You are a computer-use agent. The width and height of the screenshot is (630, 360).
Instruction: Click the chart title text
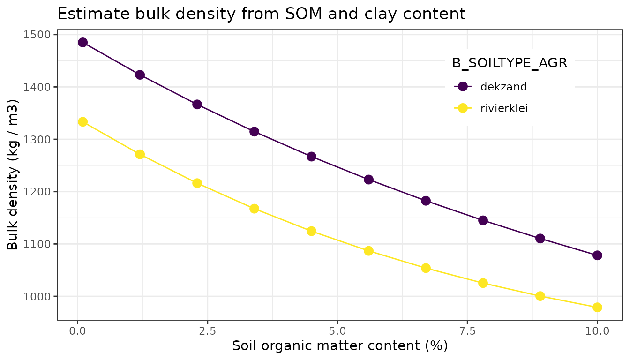261,14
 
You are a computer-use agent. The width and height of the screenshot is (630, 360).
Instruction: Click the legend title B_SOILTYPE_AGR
510,64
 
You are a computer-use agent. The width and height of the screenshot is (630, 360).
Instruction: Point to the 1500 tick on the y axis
41,35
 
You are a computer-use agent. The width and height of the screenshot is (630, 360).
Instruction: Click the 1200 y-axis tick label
41,192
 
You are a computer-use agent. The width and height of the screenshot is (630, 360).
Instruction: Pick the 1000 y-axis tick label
41,296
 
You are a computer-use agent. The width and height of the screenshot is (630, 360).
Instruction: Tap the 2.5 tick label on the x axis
207,331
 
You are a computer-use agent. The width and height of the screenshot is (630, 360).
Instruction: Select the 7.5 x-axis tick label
467,331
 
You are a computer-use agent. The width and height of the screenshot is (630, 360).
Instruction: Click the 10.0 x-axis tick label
597,331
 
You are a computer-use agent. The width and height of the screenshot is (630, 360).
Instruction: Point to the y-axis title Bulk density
13,174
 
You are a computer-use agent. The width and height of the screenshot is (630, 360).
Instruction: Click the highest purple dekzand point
83,42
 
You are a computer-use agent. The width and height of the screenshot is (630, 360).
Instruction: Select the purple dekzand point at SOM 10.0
597,255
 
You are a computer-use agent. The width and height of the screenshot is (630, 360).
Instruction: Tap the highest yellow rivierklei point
83,122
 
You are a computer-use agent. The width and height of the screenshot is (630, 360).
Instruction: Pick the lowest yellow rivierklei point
597,307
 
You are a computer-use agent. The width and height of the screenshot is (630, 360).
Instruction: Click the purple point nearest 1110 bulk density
540,239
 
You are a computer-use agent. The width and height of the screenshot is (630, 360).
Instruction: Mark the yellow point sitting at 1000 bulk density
540,296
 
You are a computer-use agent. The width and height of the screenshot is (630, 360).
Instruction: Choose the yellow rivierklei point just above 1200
197,183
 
